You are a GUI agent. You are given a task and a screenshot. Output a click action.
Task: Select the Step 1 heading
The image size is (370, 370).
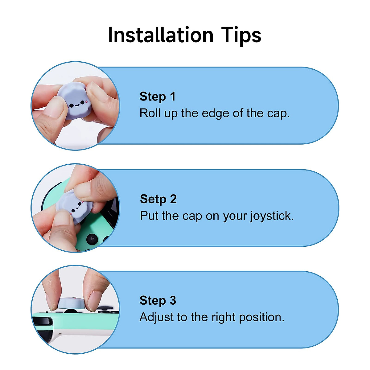[157, 97]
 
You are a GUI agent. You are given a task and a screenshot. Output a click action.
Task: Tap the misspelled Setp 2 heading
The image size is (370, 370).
[158, 199]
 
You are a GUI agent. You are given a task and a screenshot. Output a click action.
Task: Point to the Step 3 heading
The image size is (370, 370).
[158, 300]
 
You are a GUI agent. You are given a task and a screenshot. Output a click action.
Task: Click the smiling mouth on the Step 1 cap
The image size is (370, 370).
[76, 105]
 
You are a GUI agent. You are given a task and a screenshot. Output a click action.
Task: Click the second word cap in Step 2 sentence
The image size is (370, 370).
[192, 216]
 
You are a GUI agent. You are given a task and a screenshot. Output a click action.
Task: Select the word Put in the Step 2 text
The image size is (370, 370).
[150, 216]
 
